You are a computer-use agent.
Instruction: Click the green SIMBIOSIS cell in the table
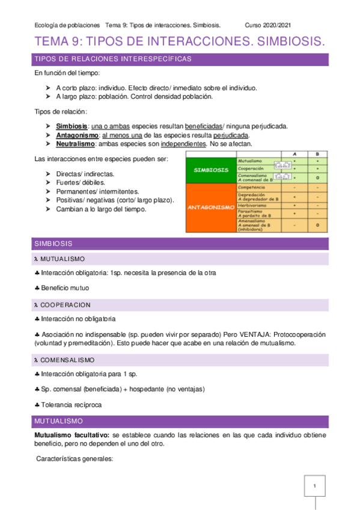(x=210, y=170)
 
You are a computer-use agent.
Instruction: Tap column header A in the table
(x=294, y=153)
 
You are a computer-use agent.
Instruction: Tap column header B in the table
(x=317, y=153)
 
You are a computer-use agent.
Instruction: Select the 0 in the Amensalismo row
(x=317, y=225)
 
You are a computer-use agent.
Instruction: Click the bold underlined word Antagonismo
(x=77, y=135)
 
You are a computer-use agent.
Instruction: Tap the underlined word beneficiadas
(x=203, y=126)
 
